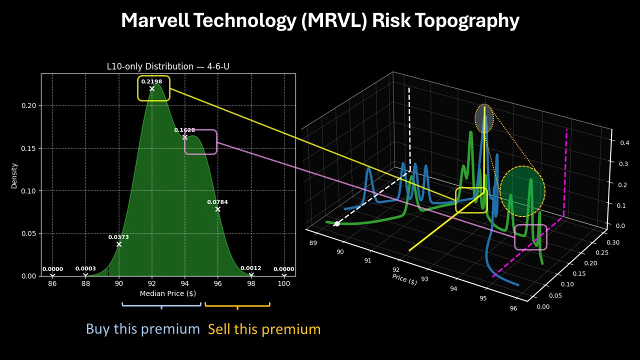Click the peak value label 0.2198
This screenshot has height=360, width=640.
[x=151, y=81]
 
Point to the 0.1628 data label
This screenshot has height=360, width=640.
[x=184, y=130]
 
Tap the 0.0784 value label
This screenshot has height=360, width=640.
[x=217, y=202]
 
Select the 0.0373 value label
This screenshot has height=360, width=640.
[x=118, y=237]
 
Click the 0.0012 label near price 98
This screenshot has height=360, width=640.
[x=251, y=268]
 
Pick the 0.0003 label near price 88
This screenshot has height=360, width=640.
[x=85, y=268]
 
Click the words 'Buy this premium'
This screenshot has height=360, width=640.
[x=143, y=329]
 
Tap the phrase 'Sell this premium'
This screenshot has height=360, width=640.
[x=264, y=329]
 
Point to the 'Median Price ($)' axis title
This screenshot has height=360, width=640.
[x=168, y=293]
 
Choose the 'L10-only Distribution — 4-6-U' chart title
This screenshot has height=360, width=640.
[x=168, y=66]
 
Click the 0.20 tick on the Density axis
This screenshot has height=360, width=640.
[x=31, y=105]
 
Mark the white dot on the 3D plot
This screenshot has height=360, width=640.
[x=337, y=223]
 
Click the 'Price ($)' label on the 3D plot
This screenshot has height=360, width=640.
[x=404, y=279]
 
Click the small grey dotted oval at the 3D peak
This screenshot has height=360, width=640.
[x=484, y=118]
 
